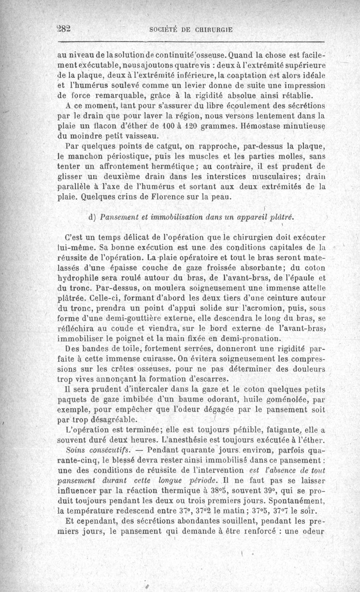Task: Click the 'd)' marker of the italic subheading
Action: (x=94, y=217)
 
